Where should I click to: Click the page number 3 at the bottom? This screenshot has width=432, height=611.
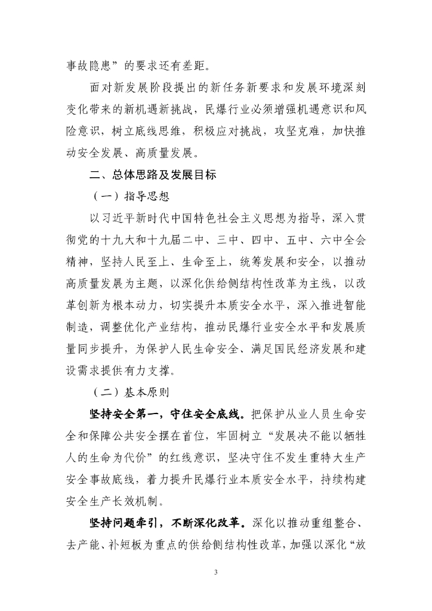point(216,573)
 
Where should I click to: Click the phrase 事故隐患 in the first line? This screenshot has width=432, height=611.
point(88,67)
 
